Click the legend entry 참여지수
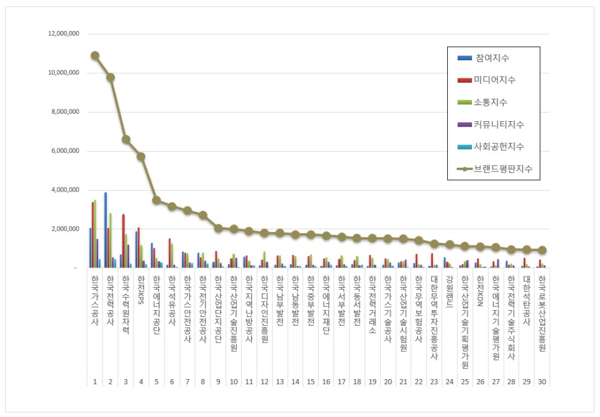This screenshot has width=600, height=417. point(492,58)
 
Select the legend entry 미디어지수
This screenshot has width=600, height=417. point(494,80)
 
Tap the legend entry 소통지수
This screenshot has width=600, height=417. point(492,102)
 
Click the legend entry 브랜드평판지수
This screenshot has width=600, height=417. point(502,168)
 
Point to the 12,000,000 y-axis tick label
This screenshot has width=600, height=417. point(63,34)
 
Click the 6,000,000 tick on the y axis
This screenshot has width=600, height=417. point(65,151)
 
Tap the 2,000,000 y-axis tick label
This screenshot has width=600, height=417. point(65,229)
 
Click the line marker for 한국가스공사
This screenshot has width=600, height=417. point(95,55)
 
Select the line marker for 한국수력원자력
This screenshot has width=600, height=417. point(125,139)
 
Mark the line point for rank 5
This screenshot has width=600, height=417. point(157,200)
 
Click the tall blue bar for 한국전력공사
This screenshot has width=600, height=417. point(106,230)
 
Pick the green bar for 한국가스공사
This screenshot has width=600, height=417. point(95,234)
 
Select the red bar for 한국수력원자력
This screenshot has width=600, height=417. point(124,241)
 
